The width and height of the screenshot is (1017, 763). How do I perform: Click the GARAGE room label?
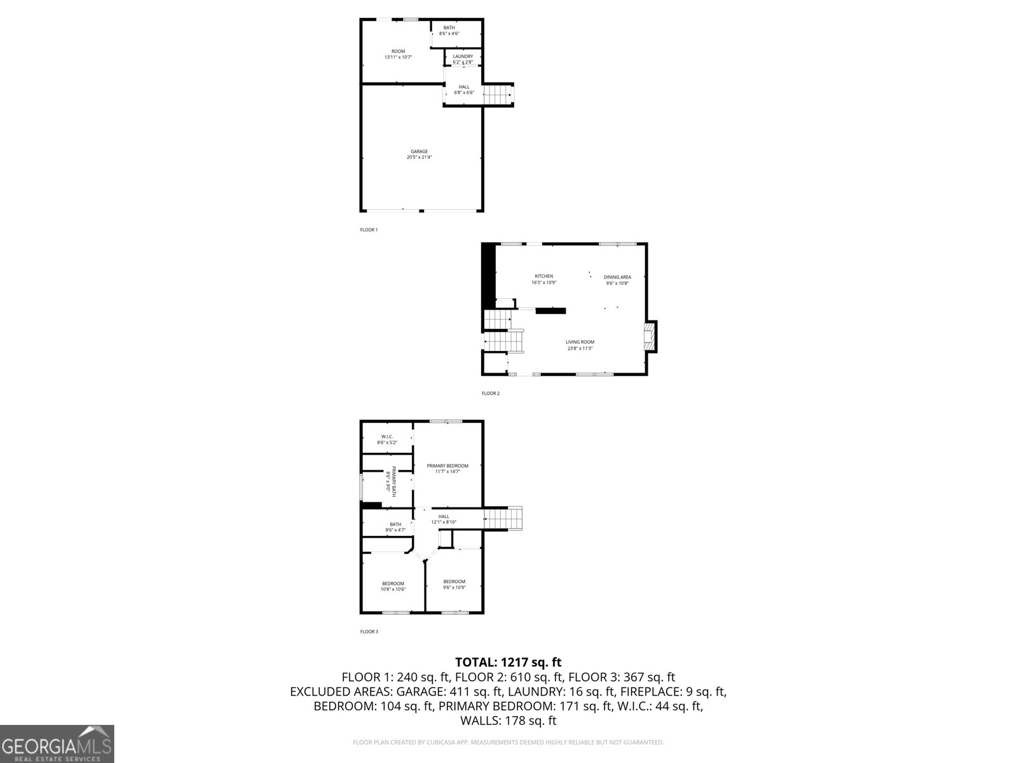click(419, 151)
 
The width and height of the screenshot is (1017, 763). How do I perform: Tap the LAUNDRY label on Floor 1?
click(463, 57)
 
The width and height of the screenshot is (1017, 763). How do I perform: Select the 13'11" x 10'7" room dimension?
click(398, 57)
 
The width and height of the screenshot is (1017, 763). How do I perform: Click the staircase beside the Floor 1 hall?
click(498, 94)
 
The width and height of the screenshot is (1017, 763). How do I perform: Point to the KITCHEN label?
click(543, 276)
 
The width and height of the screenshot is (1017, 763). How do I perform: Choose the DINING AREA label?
click(617, 277)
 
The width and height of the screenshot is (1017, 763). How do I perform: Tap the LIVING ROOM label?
click(580, 342)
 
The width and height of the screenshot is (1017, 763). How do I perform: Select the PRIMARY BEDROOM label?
click(447, 466)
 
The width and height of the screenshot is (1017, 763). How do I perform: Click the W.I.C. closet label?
click(386, 436)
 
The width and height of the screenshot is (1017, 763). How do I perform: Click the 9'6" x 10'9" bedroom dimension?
click(454, 587)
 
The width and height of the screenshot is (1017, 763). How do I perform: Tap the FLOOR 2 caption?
click(491, 394)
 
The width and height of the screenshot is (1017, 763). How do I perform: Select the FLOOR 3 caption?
click(369, 631)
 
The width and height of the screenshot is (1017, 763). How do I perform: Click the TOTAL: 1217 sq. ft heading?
click(508, 662)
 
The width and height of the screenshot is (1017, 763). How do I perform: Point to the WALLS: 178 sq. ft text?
click(508, 720)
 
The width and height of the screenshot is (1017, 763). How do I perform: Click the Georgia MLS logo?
click(57, 744)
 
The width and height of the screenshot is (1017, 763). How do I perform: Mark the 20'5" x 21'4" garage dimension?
click(419, 158)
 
